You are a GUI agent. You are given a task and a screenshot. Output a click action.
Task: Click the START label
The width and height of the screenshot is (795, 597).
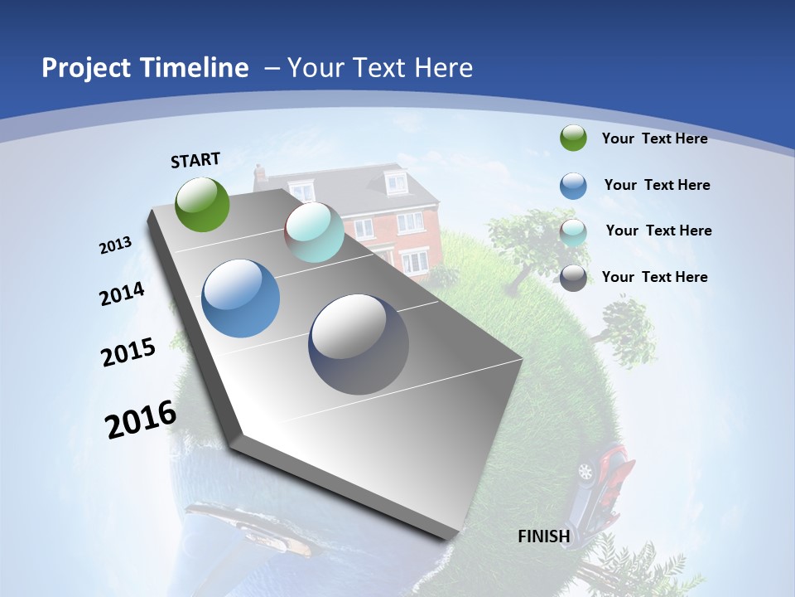point(195,160)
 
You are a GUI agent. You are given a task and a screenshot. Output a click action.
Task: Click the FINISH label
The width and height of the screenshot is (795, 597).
point(543,536)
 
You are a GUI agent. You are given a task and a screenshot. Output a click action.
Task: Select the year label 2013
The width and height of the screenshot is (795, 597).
point(115,245)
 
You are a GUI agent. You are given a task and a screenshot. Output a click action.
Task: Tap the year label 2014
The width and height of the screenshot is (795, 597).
point(122,294)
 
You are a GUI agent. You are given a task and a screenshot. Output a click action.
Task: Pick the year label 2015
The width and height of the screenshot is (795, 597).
point(128,352)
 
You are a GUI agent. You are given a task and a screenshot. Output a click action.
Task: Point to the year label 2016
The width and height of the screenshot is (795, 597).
point(141,420)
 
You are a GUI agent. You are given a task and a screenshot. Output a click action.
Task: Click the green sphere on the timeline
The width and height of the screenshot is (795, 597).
point(202,204)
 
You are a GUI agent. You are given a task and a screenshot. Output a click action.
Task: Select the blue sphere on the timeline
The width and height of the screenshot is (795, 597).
point(240,298)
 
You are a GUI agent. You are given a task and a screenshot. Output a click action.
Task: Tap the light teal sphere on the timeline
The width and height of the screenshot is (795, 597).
point(314,232)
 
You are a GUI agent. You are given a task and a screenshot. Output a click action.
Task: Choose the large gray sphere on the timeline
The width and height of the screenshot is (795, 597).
point(359,344)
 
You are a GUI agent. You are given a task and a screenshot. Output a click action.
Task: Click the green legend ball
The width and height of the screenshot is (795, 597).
point(573,138)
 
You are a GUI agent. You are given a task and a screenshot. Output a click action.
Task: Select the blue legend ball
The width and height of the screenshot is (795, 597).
point(573,185)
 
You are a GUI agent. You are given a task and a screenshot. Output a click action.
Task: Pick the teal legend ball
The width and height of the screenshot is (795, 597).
point(573,231)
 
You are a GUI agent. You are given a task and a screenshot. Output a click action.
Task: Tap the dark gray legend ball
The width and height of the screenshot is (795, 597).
point(573,278)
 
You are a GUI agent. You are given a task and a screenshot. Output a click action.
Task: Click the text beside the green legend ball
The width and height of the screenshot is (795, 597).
point(654,138)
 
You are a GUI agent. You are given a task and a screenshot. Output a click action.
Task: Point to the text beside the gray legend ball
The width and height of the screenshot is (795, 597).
point(654,277)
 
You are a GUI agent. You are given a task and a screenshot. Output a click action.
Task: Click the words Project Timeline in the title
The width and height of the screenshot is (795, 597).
point(145,68)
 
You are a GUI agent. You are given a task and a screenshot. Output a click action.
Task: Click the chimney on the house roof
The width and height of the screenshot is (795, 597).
point(260,173)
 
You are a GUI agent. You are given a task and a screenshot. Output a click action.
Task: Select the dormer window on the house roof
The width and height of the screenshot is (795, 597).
point(396,182)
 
